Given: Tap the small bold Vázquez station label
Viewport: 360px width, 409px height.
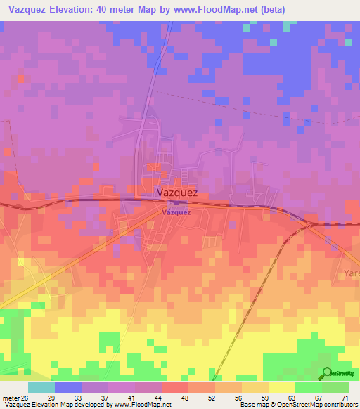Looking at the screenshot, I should (x=176, y=212).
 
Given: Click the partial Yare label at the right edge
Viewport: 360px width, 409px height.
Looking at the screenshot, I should (x=351, y=273).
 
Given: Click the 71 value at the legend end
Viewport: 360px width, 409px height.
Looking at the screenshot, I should (x=345, y=398).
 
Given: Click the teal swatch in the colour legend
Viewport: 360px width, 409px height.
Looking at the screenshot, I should (x=41, y=387).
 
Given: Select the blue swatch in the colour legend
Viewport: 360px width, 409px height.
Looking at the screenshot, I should (x=68, y=387).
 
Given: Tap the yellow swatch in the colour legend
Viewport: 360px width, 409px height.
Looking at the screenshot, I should (x=281, y=387).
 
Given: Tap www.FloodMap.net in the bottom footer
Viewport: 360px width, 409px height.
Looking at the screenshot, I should (x=143, y=405).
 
